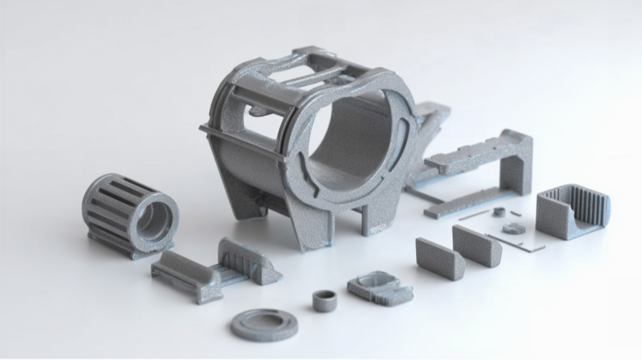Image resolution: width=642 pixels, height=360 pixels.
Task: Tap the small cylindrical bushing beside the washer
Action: tap(324, 300)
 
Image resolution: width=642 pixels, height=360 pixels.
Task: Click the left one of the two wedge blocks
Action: tap(440, 258)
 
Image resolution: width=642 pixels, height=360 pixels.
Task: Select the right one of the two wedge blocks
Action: tap(476, 245)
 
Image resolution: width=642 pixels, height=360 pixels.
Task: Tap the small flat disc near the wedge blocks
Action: tap(514, 228)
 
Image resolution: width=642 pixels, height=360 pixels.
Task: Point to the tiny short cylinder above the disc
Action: tap(498, 211)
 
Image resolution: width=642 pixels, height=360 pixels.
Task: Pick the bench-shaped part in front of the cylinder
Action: tap(185, 274)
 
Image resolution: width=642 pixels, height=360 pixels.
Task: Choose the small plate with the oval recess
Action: tap(378, 287)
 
